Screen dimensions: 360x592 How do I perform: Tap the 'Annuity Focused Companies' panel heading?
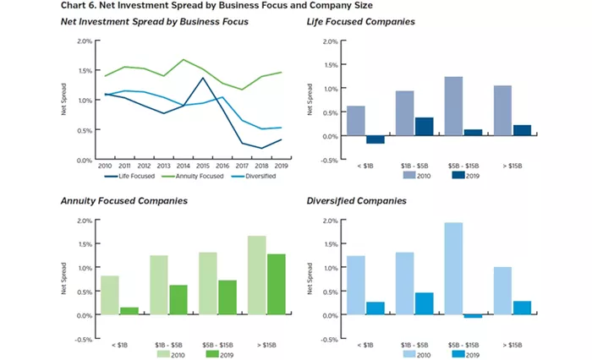click(x=123, y=202)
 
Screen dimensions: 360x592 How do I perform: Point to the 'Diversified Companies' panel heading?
click(x=358, y=202)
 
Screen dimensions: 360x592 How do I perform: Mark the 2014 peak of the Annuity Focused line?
click(x=184, y=60)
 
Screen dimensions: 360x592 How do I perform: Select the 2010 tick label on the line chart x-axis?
click(x=106, y=166)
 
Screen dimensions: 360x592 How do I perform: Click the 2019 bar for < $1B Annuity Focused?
click(x=129, y=311)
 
